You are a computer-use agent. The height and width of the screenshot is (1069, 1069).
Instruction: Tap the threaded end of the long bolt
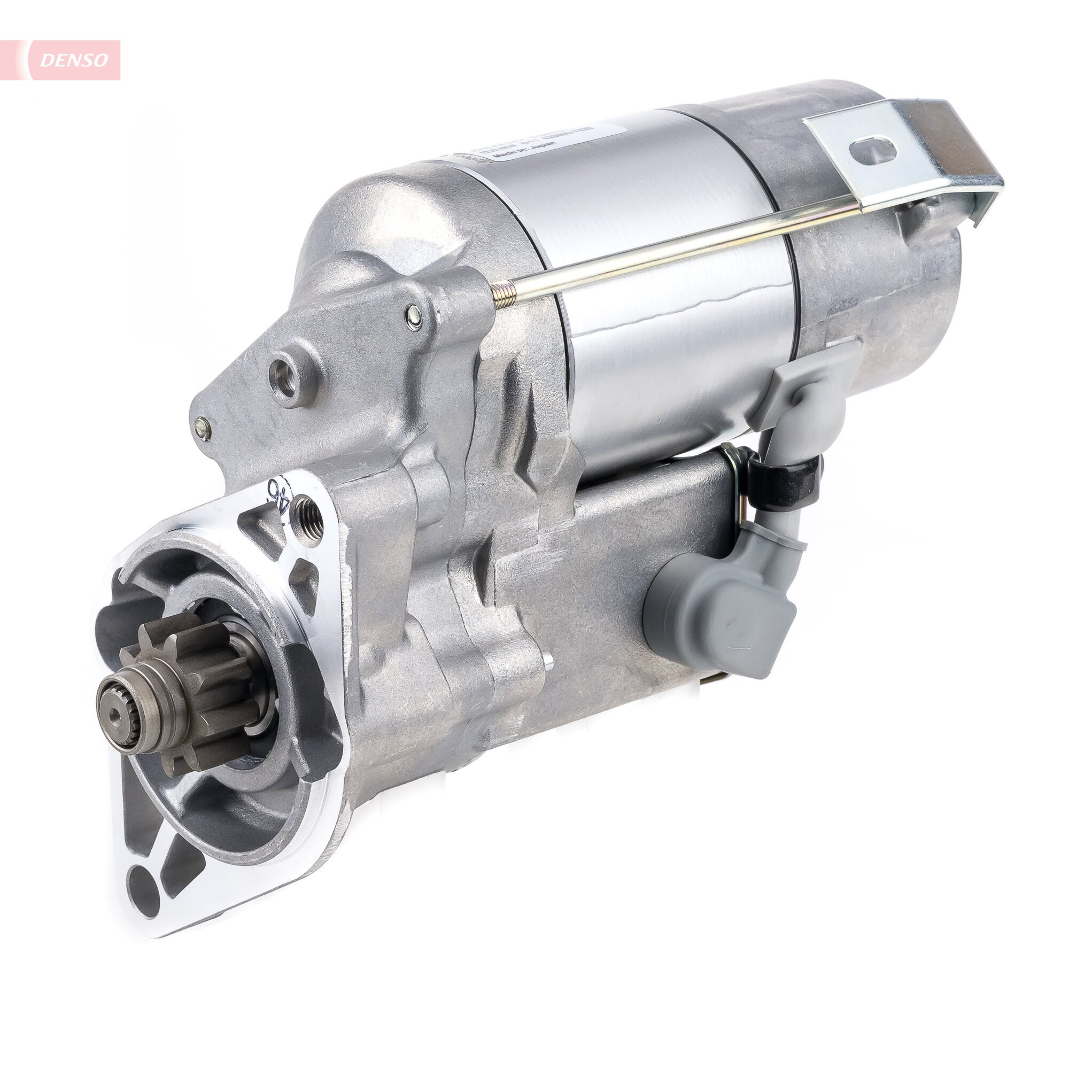pos(503,292)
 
